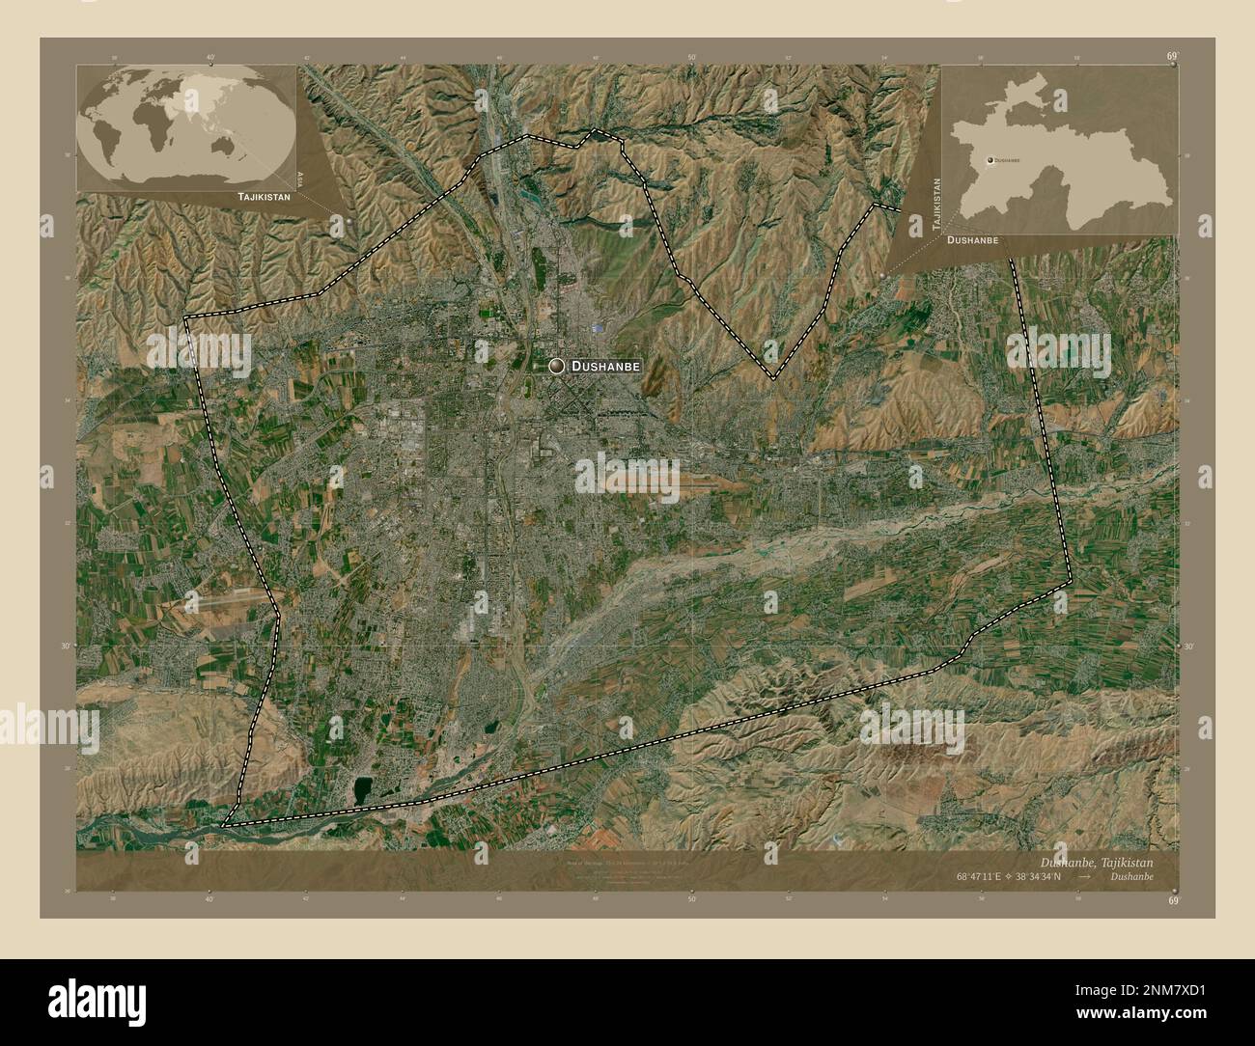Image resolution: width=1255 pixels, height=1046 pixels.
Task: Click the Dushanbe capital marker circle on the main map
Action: coord(556,366)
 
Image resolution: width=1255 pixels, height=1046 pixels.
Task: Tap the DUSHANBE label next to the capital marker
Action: coord(605,367)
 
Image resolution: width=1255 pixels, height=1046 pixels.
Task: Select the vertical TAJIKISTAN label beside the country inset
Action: coord(934,201)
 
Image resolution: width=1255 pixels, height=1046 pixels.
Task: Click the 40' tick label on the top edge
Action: coord(209,57)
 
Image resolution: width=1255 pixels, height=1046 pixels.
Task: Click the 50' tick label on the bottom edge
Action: coord(691,898)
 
